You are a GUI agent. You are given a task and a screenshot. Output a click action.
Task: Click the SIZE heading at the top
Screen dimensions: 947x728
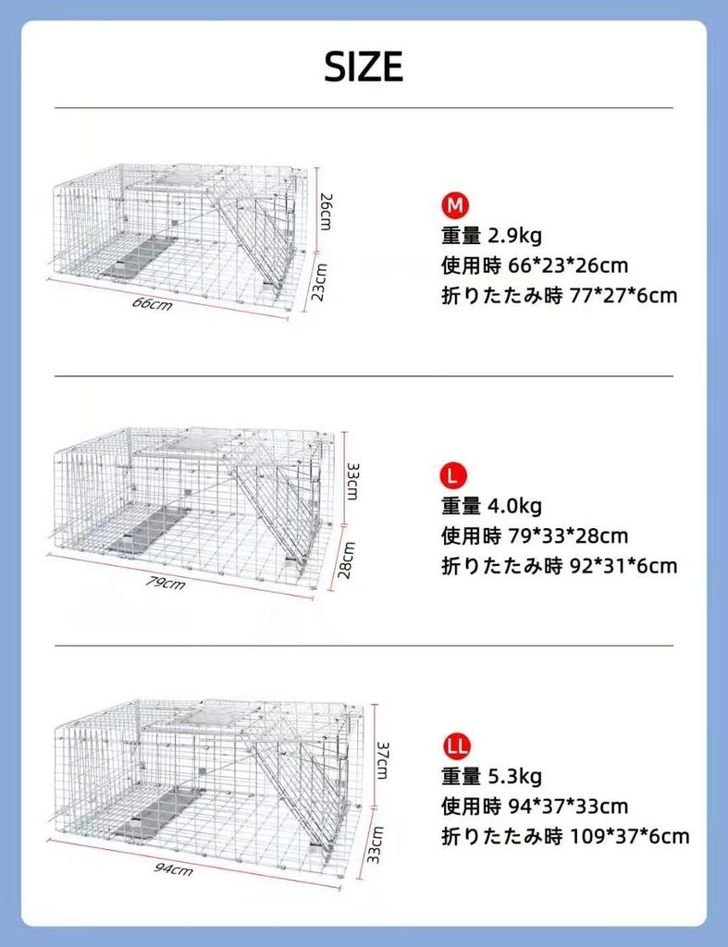click(x=364, y=67)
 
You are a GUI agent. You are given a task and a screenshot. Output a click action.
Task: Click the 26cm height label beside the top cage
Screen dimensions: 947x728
click(x=327, y=212)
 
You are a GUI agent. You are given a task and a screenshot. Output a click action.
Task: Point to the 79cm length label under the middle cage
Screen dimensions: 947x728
click(x=167, y=582)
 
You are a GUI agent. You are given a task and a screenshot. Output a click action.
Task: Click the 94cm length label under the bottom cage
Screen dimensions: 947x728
click(x=173, y=868)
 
